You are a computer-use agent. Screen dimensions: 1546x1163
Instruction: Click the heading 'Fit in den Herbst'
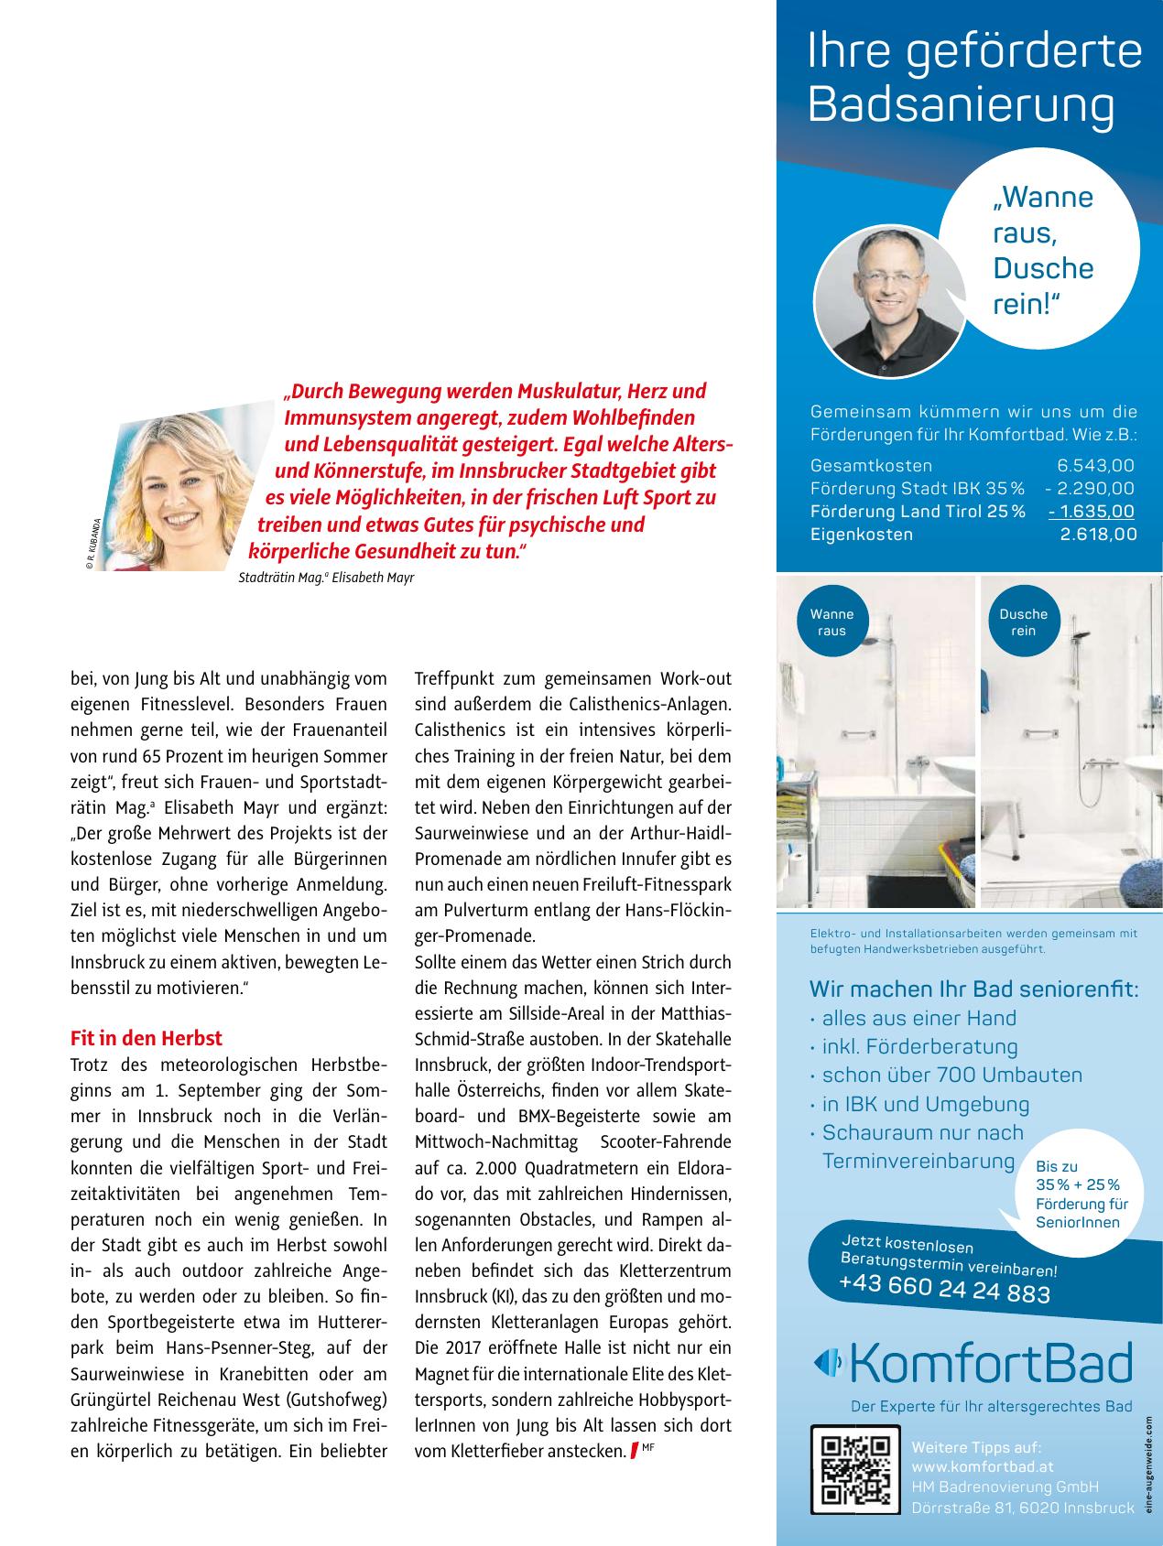pyautogui.click(x=147, y=1039)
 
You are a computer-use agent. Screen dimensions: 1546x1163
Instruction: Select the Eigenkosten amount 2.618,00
pyautogui.click(x=1098, y=535)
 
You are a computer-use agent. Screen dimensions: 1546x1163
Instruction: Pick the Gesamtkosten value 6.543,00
pyautogui.click(x=1095, y=466)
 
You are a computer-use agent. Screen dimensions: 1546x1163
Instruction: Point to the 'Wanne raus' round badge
pyautogui.click(x=831, y=622)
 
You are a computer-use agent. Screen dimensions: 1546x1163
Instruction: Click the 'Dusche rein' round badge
pyautogui.click(x=1023, y=622)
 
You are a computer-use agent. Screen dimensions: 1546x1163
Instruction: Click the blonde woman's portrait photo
pyautogui.click(x=183, y=494)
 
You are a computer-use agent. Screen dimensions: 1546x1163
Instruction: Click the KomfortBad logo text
pyautogui.click(x=990, y=1365)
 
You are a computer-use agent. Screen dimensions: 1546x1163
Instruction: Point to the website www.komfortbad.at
pyautogui.click(x=983, y=1466)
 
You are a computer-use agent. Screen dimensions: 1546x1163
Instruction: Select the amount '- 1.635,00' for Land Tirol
pyautogui.click(x=1092, y=512)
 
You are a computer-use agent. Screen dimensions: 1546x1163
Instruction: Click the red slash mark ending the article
pyautogui.click(x=633, y=1451)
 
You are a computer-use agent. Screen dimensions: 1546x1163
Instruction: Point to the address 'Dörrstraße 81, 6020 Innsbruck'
pyautogui.click(x=1022, y=1508)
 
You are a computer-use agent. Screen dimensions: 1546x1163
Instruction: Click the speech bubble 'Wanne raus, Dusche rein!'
pyautogui.click(x=1042, y=251)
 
